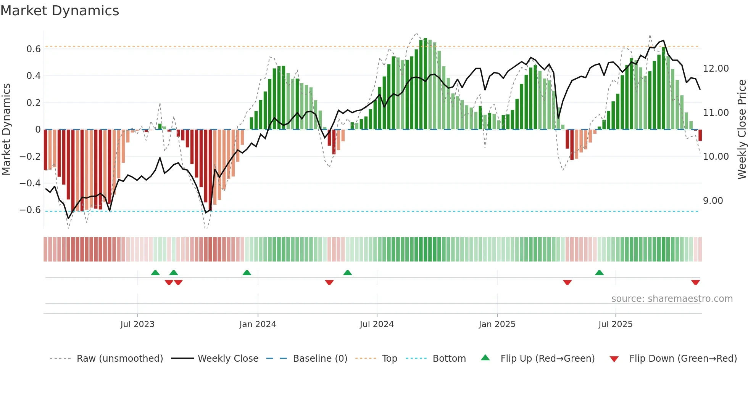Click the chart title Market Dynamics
(x=60, y=11)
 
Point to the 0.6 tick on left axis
(x=34, y=49)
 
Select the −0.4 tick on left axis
(x=30, y=183)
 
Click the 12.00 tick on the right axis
(x=716, y=69)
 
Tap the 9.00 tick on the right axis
(x=713, y=201)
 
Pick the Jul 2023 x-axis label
(x=137, y=324)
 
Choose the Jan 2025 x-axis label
(x=497, y=324)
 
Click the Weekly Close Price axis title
(x=742, y=130)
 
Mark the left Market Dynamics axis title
(x=6, y=130)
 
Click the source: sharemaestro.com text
(x=672, y=299)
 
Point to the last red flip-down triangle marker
(x=695, y=282)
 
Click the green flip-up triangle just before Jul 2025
(x=599, y=273)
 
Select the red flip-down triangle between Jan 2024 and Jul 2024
(x=329, y=282)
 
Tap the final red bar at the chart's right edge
(x=700, y=135)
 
